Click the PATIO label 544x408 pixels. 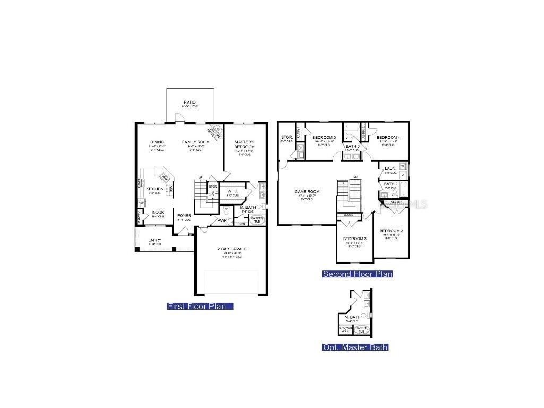[190, 102]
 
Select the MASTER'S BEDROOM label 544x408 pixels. [245, 144]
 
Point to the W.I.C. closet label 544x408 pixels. [233, 191]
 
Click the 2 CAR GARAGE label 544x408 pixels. [232, 249]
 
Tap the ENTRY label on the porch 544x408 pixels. [155, 240]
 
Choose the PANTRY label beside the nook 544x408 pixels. [139, 217]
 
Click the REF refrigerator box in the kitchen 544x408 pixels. [141, 202]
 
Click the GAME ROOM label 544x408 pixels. [307, 191]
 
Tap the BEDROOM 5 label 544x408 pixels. [324, 138]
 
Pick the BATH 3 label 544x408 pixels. [353, 146]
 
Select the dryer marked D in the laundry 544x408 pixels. [402, 174]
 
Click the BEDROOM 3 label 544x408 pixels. [354, 239]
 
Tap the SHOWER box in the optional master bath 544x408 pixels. [345, 329]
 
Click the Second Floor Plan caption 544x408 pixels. [358, 274]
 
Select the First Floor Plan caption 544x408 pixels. [200, 306]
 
